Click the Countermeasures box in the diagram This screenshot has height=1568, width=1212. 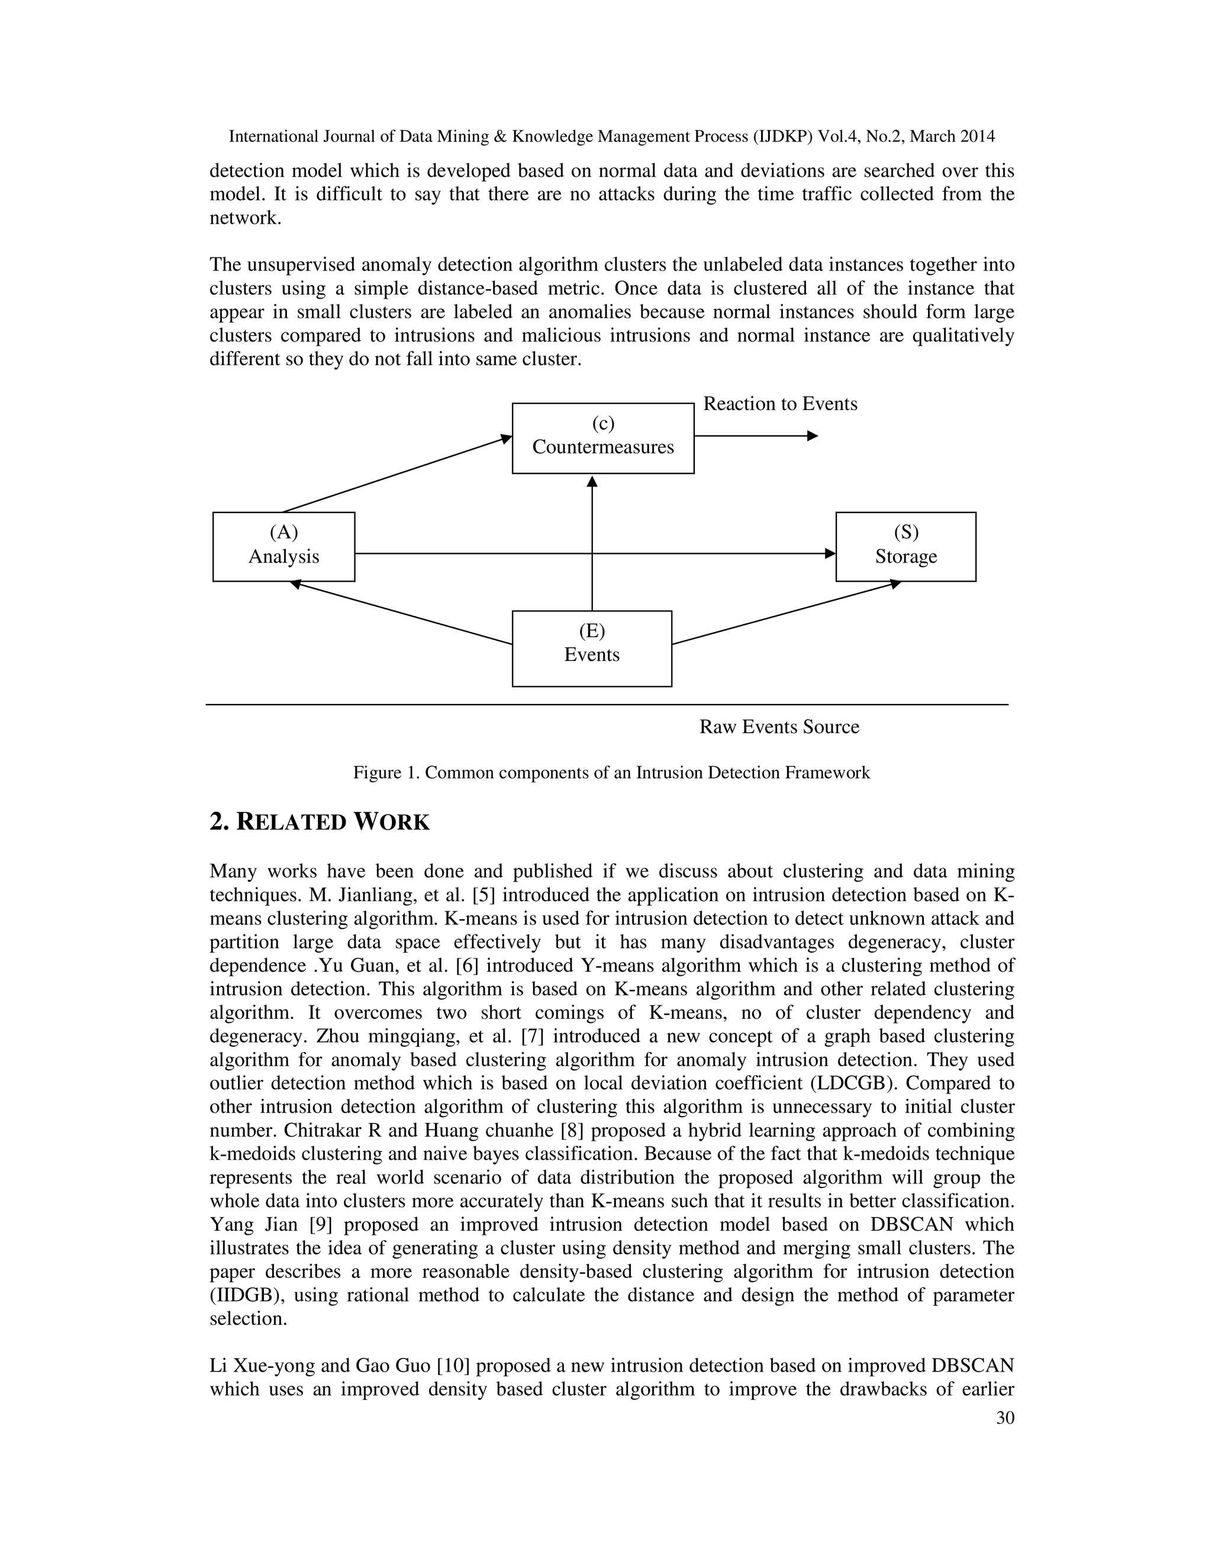(602, 438)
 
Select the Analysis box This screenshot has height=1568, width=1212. (283, 546)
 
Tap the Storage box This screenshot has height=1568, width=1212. (905, 546)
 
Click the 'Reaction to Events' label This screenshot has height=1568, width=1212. (780, 404)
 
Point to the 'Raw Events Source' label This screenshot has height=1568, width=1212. (779, 727)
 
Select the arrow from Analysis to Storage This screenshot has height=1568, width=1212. (474, 554)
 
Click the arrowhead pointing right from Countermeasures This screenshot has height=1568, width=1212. (812, 436)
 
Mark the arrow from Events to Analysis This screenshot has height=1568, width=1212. (402, 613)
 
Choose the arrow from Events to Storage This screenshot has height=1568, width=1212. (786, 612)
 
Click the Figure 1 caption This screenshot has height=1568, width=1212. (611, 773)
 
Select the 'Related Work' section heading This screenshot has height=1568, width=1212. (320, 822)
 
